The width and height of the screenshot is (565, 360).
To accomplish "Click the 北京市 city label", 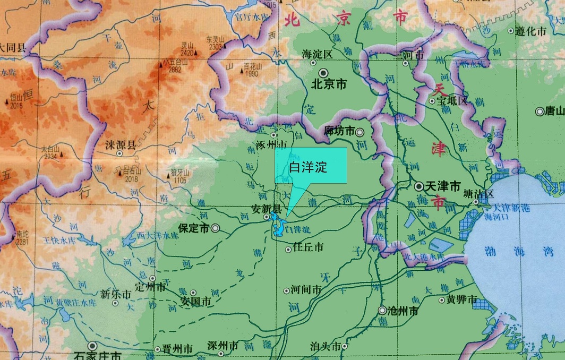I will pyautogui.click(x=329, y=84).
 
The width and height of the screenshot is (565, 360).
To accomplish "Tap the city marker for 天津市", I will pyautogui.click(x=420, y=186).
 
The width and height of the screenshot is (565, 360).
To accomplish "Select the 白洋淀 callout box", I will pyautogui.click(x=311, y=166).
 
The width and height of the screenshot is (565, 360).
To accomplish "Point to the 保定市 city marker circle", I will pyautogui.click(x=216, y=228).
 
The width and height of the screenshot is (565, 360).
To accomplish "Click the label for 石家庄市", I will pyautogui.click(x=99, y=355).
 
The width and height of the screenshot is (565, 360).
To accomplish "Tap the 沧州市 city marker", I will pyautogui.click(x=382, y=311).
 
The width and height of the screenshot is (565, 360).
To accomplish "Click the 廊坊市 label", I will pyautogui.click(x=339, y=131).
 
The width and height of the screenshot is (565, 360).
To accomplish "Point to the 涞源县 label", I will pyautogui.click(x=121, y=144).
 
